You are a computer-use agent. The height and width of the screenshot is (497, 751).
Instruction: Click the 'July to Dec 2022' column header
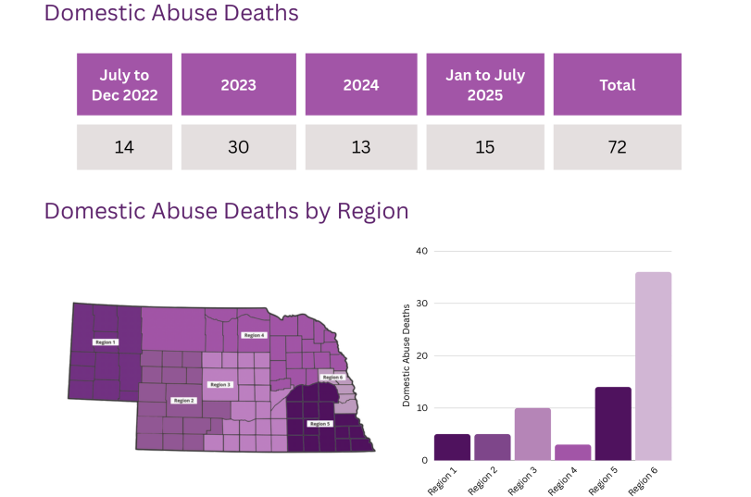[x=124, y=84]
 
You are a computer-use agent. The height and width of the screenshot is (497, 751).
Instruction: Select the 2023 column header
[x=238, y=84]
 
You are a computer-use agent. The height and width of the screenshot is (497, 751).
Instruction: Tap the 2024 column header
[x=360, y=84]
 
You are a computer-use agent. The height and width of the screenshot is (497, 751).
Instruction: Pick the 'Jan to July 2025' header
[x=484, y=84]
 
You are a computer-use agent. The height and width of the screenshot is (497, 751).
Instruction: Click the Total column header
[x=617, y=84]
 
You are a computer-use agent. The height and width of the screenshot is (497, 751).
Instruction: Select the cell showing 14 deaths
[x=124, y=147]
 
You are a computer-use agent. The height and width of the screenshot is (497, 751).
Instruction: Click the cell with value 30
[x=238, y=147]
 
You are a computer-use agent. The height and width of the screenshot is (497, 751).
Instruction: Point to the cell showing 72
[x=617, y=147]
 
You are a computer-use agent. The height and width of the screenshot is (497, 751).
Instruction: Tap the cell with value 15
[x=484, y=147]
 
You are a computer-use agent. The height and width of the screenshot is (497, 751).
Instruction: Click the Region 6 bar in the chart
[x=653, y=367]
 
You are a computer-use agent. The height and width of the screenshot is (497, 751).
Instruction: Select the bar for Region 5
[x=613, y=424]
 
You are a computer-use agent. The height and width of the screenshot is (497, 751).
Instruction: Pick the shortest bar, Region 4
[x=572, y=453]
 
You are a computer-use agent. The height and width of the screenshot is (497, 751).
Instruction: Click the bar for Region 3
[x=532, y=434]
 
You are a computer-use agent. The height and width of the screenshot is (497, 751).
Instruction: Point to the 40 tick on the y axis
[x=422, y=251]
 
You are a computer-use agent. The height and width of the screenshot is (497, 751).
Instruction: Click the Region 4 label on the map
[x=253, y=335]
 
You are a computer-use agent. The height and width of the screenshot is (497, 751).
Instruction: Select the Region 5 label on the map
[x=319, y=423]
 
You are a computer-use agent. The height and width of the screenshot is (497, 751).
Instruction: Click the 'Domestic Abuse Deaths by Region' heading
[x=227, y=211]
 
